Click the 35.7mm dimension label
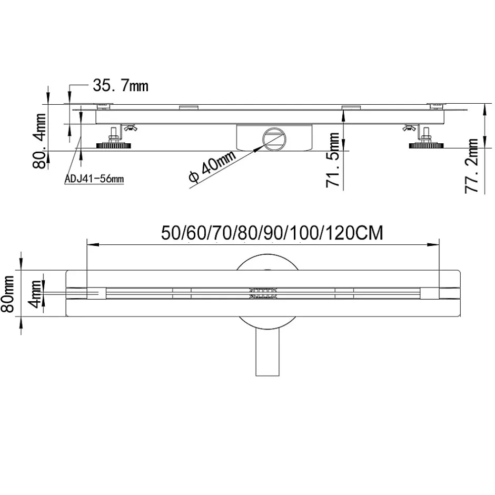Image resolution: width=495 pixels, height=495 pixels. [x=121, y=84]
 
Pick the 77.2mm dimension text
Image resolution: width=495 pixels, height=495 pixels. [x=472, y=165]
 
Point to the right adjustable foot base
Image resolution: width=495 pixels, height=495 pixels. [x=426, y=146]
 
